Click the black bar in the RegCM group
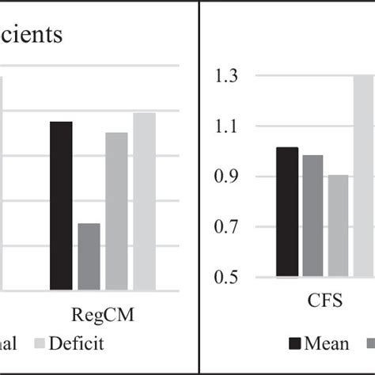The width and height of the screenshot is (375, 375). click(61, 206)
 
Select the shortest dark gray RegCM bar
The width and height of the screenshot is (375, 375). click(89, 256)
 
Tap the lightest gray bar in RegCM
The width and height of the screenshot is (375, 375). click(144, 201)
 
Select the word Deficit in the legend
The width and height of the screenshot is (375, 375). click(76, 343)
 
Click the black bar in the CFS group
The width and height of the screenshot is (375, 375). click(287, 212)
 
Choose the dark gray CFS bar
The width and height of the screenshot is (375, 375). click(312, 216)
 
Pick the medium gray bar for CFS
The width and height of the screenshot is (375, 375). click(338, 226)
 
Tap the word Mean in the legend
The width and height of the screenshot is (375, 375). click(328, 343)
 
